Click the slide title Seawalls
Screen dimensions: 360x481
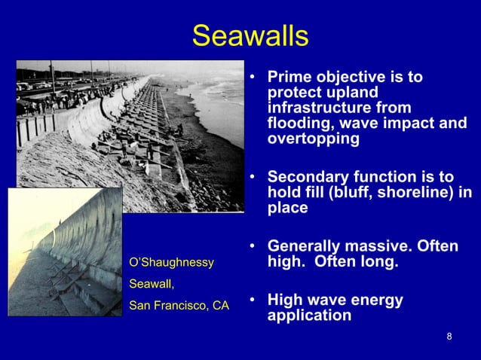click(x=250, y=35)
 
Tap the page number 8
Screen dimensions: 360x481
click(x=449, y=336)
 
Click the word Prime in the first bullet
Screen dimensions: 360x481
click(x=289, y=78)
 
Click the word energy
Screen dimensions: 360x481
click(x=377, y=301)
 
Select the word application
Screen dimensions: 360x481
click(x=309, y=316)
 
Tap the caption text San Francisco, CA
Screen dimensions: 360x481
click(x=179, y=306)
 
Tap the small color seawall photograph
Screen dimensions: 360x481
click(x=65, y=252)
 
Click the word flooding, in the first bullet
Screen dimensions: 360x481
click(x=299, y=124)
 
